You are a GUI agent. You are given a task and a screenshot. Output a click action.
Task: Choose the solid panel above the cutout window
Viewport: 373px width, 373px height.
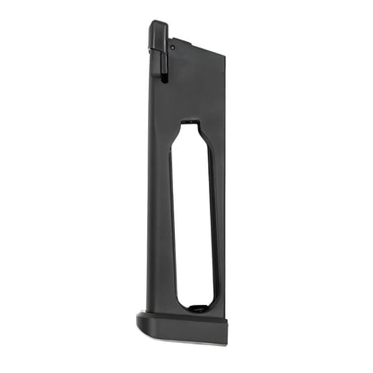pyautogui.click(x=193, y=90)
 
